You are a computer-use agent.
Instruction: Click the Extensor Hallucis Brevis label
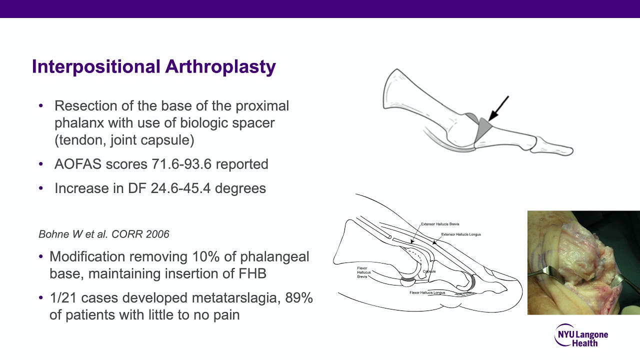point(440,224)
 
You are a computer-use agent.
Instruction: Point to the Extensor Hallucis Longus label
point(461,234)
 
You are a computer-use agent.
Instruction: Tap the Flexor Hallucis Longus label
point(427,292)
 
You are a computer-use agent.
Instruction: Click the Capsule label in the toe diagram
point(429,271)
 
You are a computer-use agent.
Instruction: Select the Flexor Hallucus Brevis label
point(362,272)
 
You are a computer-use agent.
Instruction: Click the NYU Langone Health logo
point(581,335)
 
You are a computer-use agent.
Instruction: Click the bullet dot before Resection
point(41,106)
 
